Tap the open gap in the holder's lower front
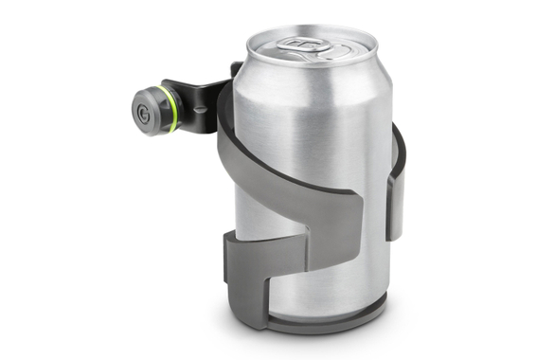284,270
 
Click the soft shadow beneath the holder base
322,336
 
